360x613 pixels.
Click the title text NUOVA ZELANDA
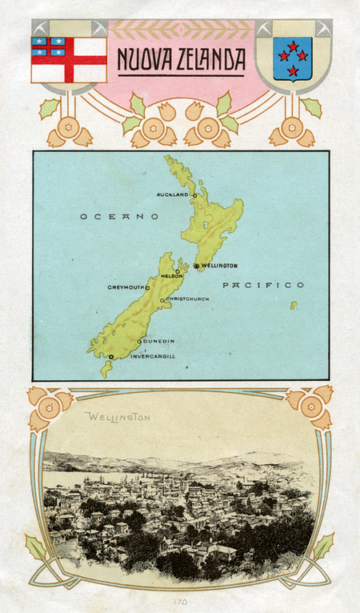pos(180,61)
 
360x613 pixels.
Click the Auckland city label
pos(173,194)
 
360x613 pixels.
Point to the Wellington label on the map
pos(219,266)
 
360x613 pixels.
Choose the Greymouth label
pos(126,287)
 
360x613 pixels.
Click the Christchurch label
pos(188,299)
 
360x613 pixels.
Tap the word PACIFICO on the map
pos(263,285)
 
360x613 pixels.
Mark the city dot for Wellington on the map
pos(196,266)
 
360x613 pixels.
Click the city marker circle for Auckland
pos(194,194)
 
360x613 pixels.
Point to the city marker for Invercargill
pos(112,357)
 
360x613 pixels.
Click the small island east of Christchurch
pos(294,305)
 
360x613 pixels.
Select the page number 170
pos(179,599)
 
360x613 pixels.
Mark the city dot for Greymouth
pos(147,287)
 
